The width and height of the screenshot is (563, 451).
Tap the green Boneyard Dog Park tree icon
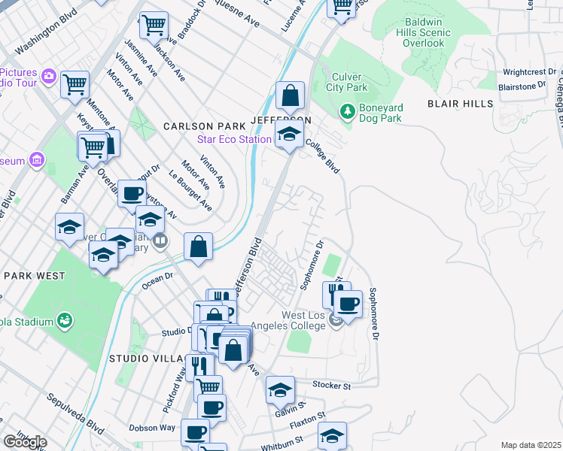pyautogui.click(x=347, y=110)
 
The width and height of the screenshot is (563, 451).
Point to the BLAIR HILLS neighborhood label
pyautogui.click(x=460, y=104)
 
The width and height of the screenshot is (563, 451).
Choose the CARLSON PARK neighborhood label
pyautogui.click(x=205, y=126)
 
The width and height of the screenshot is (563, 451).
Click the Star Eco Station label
pyautogui.click(x=234, y=139)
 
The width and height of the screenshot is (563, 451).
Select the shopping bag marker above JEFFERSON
pyautogui.click(x=290, y=96)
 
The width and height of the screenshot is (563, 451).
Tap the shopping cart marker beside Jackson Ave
pyautogui.click(x=154, y=26)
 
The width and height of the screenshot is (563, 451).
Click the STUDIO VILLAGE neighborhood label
pyautogui.click(x=147, y=359)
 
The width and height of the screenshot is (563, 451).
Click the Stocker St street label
pyautogui.click(x=333, y=386)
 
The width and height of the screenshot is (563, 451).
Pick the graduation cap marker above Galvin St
pyautogui.click(x=279, y=389)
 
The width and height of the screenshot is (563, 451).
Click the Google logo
pyautogui.click(x=25, y=442)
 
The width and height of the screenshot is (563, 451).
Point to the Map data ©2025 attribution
pyautogui.click(x=531, y=445)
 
